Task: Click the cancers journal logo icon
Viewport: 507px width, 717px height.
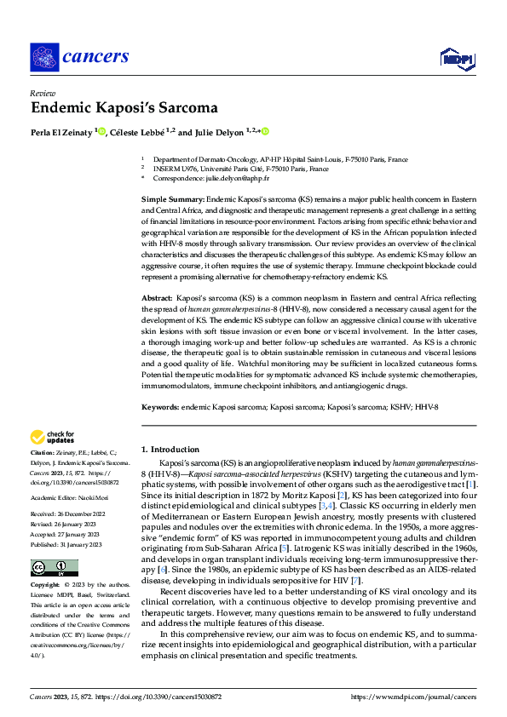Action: click(x=43, y=58)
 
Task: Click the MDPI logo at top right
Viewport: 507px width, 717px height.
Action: click(x=457, y=58)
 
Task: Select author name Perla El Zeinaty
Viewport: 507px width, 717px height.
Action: click(x=62, y=132)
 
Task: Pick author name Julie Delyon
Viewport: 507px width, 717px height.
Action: click(x=217, y=132)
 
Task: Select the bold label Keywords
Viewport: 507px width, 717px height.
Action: click(x=160, y=408)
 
